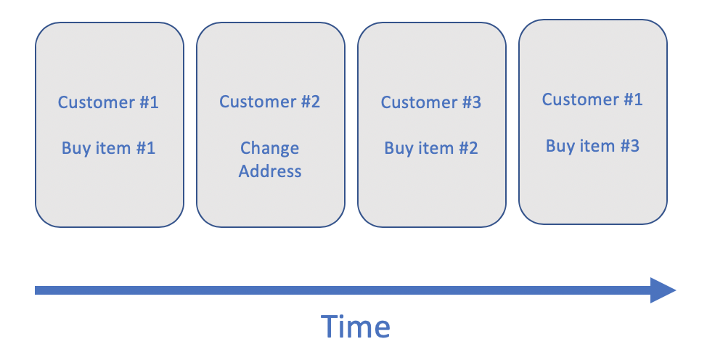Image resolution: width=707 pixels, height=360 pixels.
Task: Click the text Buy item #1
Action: [x=108, y=148]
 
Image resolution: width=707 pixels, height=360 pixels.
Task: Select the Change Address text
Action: [x=270, y=160]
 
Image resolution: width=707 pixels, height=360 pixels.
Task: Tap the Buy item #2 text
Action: [x=431, y=148]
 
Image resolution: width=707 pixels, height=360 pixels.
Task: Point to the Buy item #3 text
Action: [x=592, y=145]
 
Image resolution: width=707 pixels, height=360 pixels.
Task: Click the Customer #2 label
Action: [x=270, y=102]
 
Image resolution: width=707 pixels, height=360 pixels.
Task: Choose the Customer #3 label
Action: [x=431, y=102]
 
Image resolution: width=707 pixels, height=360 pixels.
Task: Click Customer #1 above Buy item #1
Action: [x=108, y=102]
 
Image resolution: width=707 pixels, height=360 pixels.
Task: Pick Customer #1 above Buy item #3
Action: [x=592, y=99]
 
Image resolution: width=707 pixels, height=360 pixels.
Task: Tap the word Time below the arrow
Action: [x=356, y=326]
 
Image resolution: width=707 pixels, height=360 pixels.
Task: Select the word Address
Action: [x=270, y=171]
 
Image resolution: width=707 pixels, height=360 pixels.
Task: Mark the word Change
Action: [x=270, y=148]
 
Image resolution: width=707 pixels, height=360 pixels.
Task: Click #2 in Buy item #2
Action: [x=468, y=148]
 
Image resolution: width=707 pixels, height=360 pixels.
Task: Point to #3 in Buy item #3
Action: [x=629, y=145]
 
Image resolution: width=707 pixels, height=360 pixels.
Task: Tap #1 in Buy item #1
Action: [x=146, y=148]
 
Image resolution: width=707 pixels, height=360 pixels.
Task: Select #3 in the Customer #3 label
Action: [x=471, y=102]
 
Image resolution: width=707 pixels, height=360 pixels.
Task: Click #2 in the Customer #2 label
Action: [x=310, y=102]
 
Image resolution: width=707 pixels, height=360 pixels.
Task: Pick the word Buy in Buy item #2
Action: [x=398, y=148]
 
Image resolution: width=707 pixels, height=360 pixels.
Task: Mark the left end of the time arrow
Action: [x=38, y=290]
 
